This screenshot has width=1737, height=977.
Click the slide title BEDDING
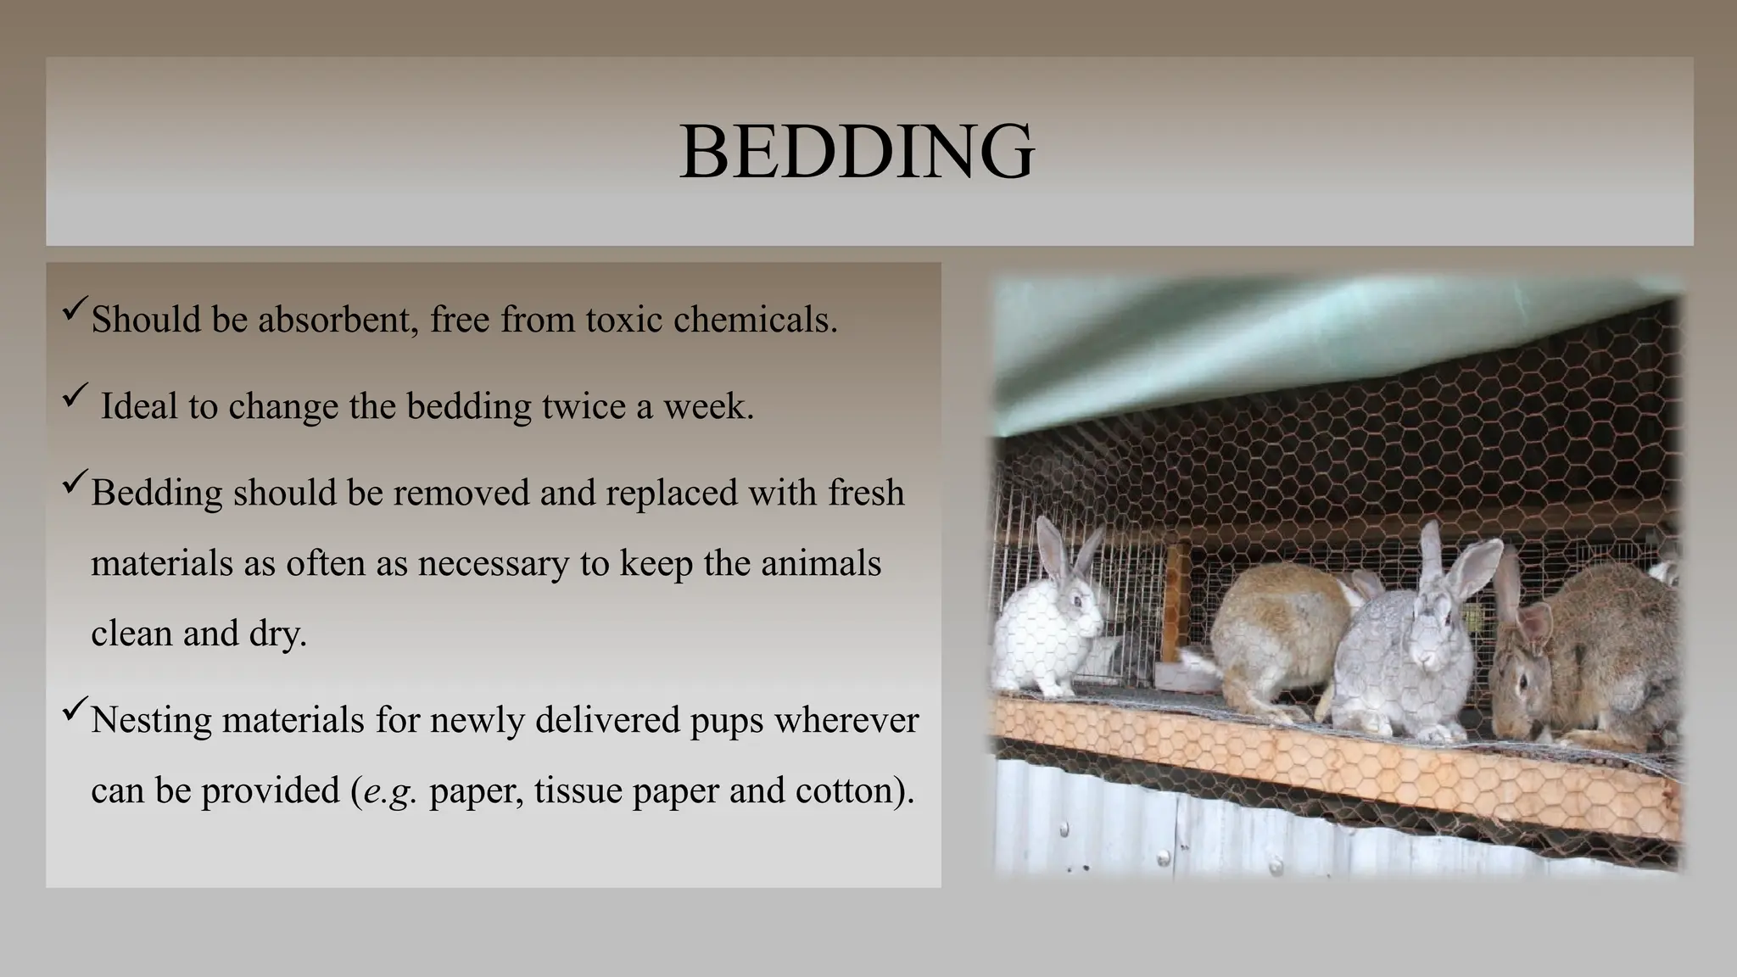(857, 152)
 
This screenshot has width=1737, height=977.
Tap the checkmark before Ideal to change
(75, 394)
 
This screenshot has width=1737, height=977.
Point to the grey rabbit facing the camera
(1412, 645)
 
